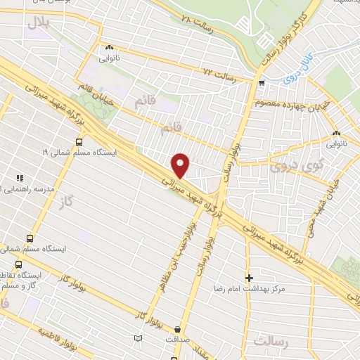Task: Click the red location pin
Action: tap(181, 165)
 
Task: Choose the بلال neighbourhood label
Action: tap(40, 24)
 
